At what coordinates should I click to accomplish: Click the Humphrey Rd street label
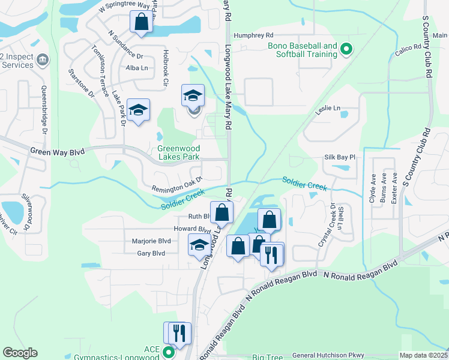coord(253,35)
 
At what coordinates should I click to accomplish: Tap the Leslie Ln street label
coord(328,109)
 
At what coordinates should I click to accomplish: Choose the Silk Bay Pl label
coord(340,157)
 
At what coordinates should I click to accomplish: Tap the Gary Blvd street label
coord(150,253)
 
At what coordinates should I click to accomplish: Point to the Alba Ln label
coord(136,68)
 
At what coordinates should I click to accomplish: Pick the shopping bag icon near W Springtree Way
coord(140,23)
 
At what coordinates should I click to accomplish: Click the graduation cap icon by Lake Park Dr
coord(138,110)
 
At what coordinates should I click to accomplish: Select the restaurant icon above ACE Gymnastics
coord(178,332)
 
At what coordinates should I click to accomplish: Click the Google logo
coord(20,353)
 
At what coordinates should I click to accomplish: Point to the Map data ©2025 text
coord(423,355)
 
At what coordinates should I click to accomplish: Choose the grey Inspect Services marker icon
coord(43,59)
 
